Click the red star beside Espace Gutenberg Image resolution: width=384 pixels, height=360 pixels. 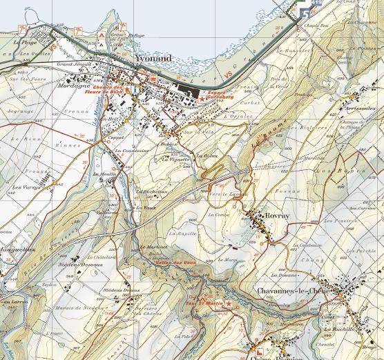202,99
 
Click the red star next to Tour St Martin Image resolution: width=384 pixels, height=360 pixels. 228,305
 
